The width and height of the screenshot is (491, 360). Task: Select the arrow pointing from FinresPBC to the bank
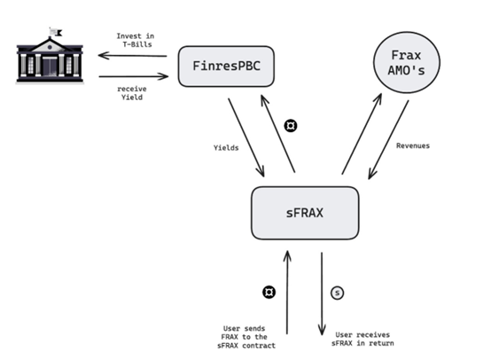132,55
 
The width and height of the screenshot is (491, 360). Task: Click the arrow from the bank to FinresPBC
132,77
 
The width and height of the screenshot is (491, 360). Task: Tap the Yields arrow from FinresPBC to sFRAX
246,138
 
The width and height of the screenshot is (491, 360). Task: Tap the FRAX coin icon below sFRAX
269,292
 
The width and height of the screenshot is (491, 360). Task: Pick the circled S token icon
336,292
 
